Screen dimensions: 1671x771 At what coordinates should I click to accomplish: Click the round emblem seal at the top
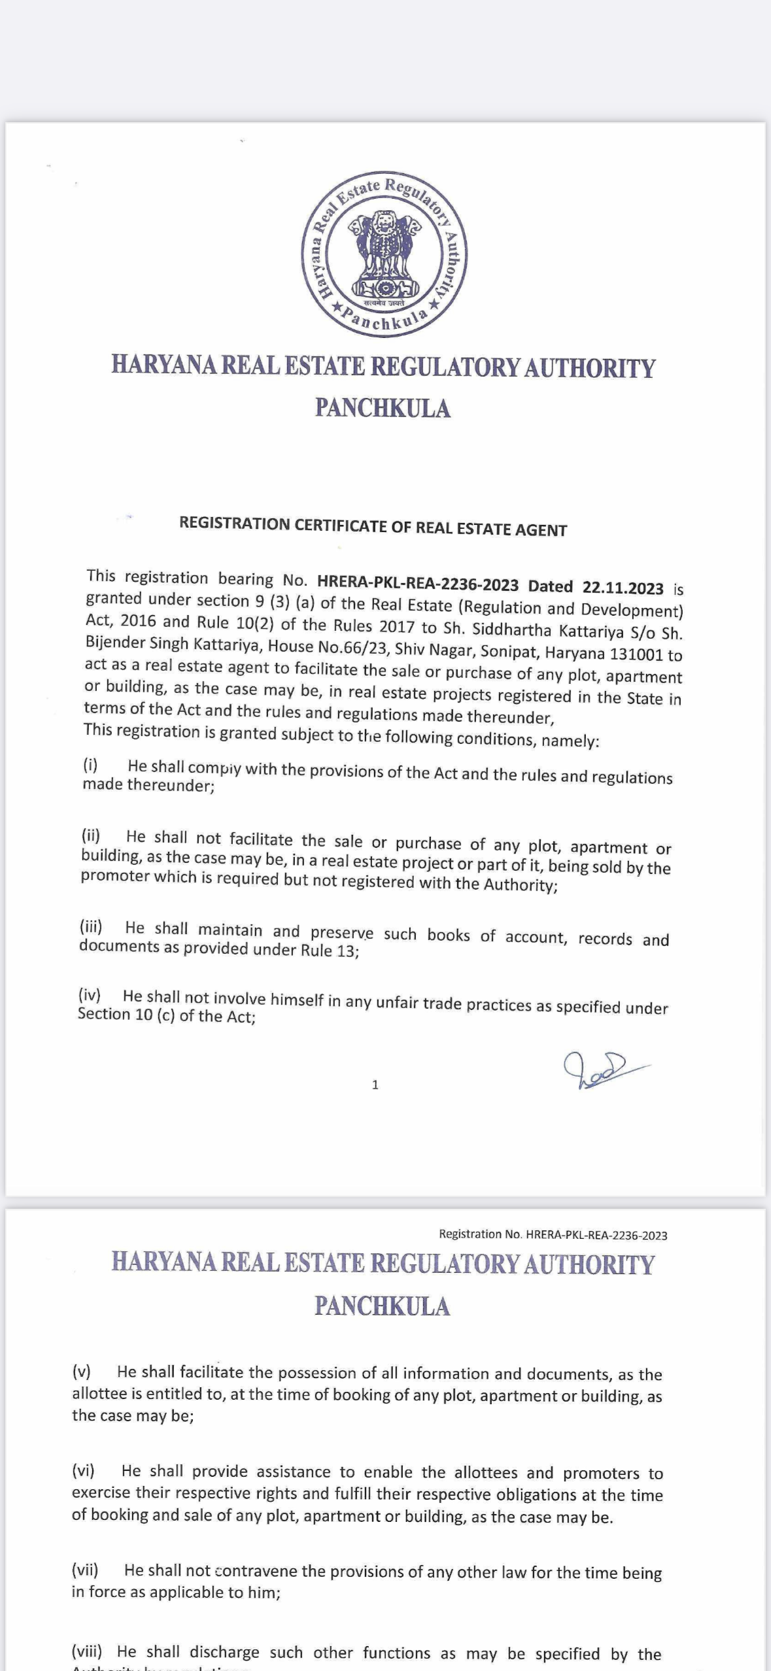[384, 256]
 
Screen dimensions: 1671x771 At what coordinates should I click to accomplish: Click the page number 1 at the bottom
[375, 1085]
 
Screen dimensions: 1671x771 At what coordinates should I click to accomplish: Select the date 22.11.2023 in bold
[623, 588]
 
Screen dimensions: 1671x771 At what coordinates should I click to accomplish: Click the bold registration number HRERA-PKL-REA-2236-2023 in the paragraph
[418, 584]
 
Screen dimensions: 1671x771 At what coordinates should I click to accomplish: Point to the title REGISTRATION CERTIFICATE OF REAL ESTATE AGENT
[373, 526]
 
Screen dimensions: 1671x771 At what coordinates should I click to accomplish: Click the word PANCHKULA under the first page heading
[383, 408]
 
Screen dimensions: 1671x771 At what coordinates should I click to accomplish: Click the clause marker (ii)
[91, 835]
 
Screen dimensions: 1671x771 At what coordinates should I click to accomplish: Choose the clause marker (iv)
[90, 995]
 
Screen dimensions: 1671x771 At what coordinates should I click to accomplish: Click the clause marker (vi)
[83, 1470]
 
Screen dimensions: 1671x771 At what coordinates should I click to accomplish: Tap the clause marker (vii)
[85, 1569]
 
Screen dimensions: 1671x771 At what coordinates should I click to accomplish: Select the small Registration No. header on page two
[553, 1234]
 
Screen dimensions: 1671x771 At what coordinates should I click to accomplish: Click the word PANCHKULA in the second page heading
[383, 1306]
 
